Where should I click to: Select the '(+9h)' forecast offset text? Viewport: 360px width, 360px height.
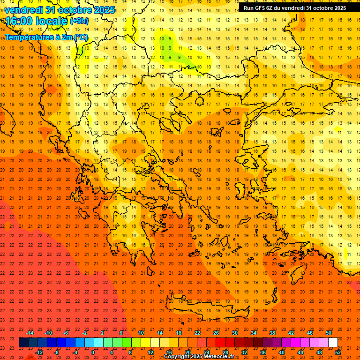pyautogui.click(x=78, y=21)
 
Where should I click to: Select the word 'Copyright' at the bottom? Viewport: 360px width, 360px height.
pyautogui.click(x=178, y=357)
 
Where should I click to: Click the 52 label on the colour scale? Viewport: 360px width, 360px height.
pyautogui.click(x=338, y=352)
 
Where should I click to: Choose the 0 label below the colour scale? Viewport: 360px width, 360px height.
pyautogui.click(x=93, y=352)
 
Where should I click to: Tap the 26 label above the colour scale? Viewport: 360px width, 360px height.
pyautogui.click(x=216, y=333)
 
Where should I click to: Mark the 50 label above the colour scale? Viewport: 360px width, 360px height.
pyautogui.click(x=328, y=333)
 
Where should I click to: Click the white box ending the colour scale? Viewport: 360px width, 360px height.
pyautogui.click(x=333, y=343)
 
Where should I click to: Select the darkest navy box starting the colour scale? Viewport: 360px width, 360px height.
pyautogui.click(x=23, y=343)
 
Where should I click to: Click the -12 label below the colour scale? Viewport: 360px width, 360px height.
pyautogui.click(x=39, y=352)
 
